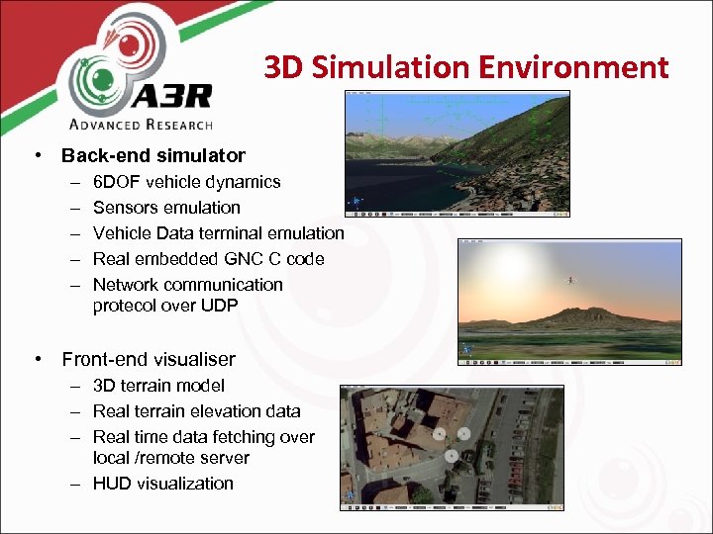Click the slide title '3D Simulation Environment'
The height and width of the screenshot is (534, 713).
coord(465,67)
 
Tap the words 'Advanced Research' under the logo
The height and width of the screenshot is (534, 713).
coord(141,125)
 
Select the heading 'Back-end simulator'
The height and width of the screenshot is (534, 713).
coord(153,155)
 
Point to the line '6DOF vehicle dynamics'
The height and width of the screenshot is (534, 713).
coord(186,182)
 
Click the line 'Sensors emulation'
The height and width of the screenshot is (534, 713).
coord(166,208)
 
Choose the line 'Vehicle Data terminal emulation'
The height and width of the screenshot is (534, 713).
coord(218,233)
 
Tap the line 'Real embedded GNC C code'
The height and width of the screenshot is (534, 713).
coord(208,259)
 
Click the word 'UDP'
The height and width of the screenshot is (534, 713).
coord(219,306)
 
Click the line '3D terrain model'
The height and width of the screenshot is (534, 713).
coord(158,386)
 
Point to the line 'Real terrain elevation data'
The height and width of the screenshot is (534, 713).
coord(196,410)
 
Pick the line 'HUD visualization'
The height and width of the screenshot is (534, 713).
coord(163,484)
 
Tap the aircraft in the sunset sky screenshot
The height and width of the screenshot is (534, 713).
coord(570,280)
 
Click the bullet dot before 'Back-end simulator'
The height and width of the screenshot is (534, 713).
coord(37,155)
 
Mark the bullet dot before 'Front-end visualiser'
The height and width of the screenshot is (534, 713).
coord(37,359)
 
